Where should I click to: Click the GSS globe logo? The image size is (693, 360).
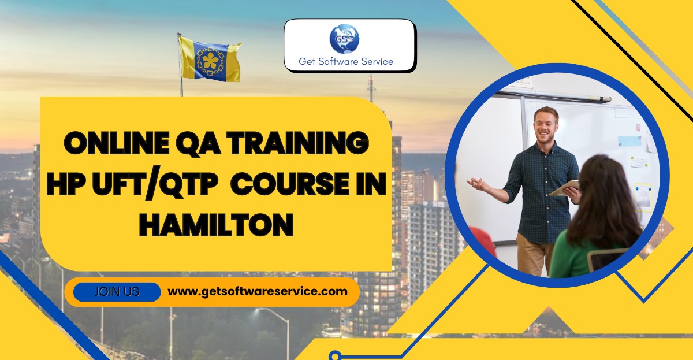pyautogui.click(x=344, y=39)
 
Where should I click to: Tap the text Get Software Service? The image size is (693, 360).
pyautogui.click(x=346, y=62)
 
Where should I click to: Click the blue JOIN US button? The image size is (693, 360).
pyautogui.click(x=117, y=292)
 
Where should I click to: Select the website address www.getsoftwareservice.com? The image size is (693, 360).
pyautogui.click(x=258, y=292)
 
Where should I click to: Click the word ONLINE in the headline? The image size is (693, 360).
pyautogui.click(x=117, y=143)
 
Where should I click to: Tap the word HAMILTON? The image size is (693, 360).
pyautogui.click(x=216, y=225)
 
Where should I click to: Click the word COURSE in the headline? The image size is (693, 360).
pyautogui.click(x=290, y=184)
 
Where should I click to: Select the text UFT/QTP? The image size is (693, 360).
pyautogui.click(x=155, y=184)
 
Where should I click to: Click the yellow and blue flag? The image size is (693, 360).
pyautogui.click(x=210, y=59)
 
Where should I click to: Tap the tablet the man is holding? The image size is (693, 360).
pyautogui.click(x=564, y=188)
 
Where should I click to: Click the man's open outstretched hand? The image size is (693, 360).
pyautogui.click(x=479, y=184)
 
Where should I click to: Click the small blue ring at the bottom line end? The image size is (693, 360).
pyautogui.click(x=335, y=356)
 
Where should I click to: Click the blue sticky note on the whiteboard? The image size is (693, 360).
pyautogui.click(x=629, y=141)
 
